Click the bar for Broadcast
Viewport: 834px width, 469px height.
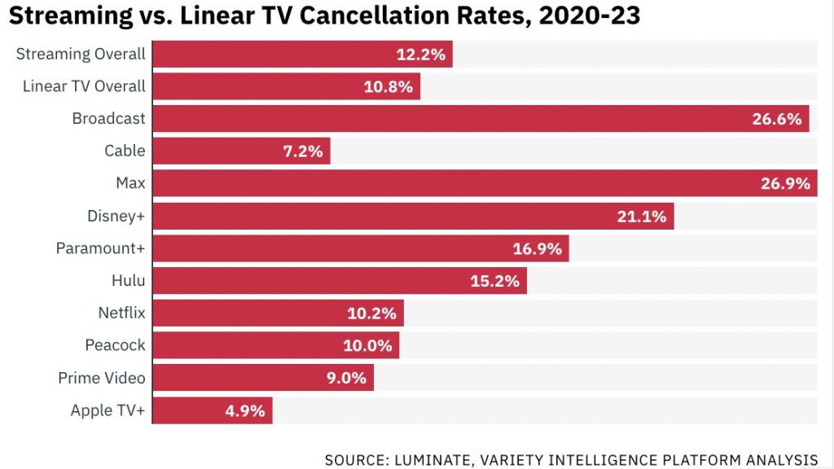(481, 119)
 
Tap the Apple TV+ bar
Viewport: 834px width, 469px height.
(213, 410)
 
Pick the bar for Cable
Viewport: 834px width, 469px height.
(241, 151)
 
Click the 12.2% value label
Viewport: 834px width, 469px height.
(421, 55)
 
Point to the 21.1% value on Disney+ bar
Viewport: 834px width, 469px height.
(643, 216)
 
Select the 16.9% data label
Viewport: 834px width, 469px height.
(538, 248)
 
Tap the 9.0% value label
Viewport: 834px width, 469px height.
(346, 378)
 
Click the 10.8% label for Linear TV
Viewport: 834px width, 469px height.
(388, 86)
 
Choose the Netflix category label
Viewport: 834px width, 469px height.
(121, 313)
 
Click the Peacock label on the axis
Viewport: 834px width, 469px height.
(115, 345)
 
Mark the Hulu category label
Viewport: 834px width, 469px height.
(129, 281)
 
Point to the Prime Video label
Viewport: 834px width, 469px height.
(102, 378)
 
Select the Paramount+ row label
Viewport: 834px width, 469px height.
(100, 248)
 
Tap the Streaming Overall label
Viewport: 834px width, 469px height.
(81, 55)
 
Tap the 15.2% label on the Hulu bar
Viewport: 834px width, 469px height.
(494, 281)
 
